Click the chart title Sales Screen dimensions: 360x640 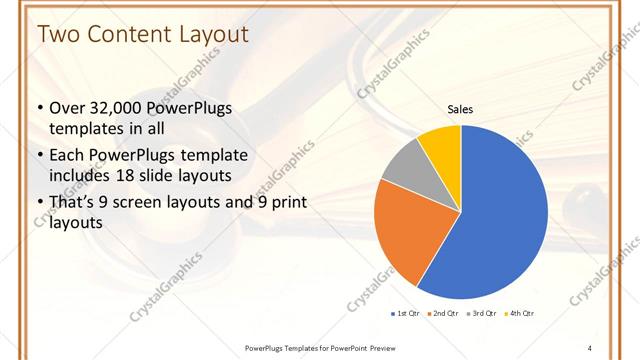click(460, 109)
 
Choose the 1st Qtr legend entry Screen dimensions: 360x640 click(406, 313)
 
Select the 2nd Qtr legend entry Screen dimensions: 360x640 click(443, 313)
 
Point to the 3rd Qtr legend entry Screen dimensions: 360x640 click(482, 313)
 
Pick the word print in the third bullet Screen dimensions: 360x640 click(286, 203)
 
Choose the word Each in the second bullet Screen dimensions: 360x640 click(68, 156)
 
